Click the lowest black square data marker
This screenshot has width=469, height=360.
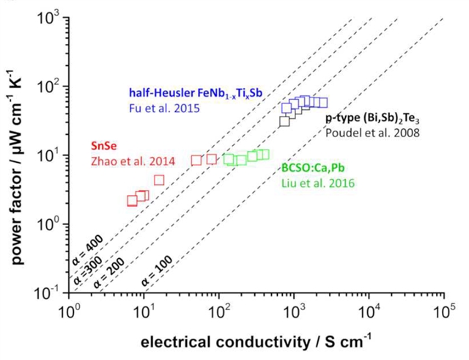[285, 121]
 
